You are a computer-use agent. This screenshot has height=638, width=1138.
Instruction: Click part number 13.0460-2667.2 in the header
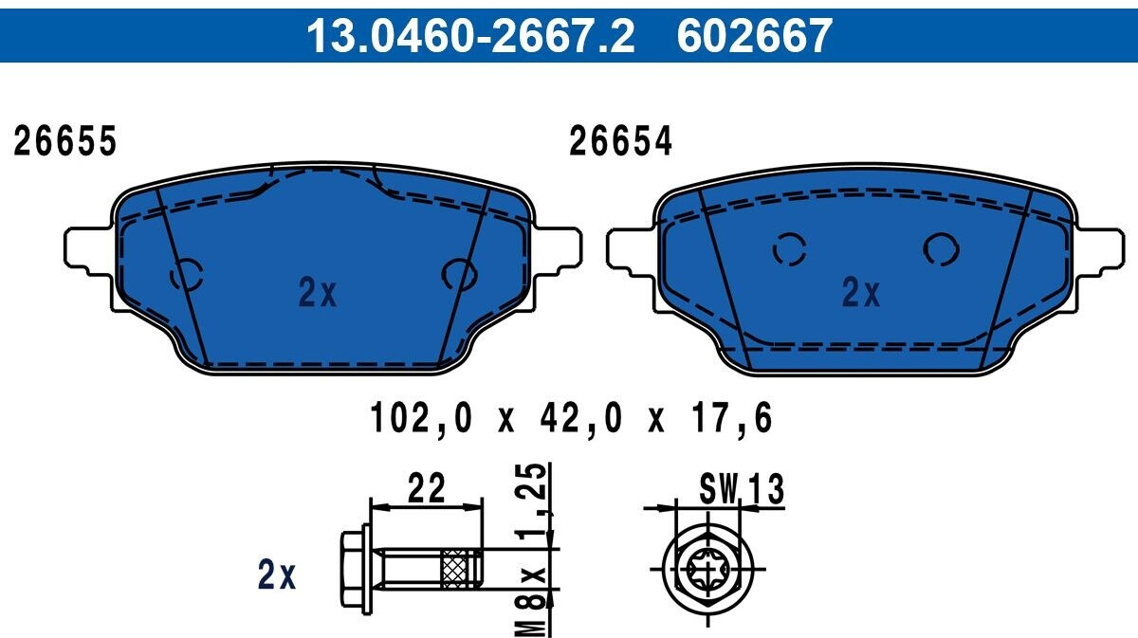pyautogui.click(x=470, y=36)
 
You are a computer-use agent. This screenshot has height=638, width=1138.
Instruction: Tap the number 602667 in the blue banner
pyautogui.click(x=755, y=36)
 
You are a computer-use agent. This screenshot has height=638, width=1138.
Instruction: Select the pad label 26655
pyautogui.click(x=65, y=140)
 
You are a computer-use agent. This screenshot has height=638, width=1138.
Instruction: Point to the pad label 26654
pyautogui.click(x=620, y=140)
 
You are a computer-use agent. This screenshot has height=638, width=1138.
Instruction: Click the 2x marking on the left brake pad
pyautogui.click(x=318, y=293)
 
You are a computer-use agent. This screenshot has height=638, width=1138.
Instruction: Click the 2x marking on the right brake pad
pyautogui.click(x=861, y=293)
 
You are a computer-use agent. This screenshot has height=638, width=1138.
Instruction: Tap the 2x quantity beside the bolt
pyautogui.click(x=277, y=574)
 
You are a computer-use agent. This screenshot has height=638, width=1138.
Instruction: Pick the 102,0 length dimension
pyautogui.click(x=421, y=417)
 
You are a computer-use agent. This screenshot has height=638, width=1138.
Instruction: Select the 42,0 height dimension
pyautogui.click(x=580, y=417)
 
